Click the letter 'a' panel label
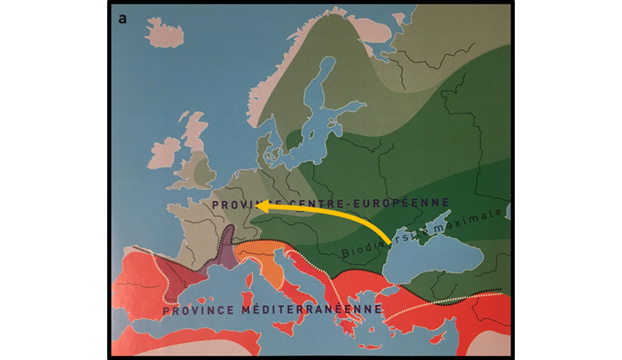tap(122, 18)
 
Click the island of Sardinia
tap(243, 299)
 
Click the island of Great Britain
tap(196, 160)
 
